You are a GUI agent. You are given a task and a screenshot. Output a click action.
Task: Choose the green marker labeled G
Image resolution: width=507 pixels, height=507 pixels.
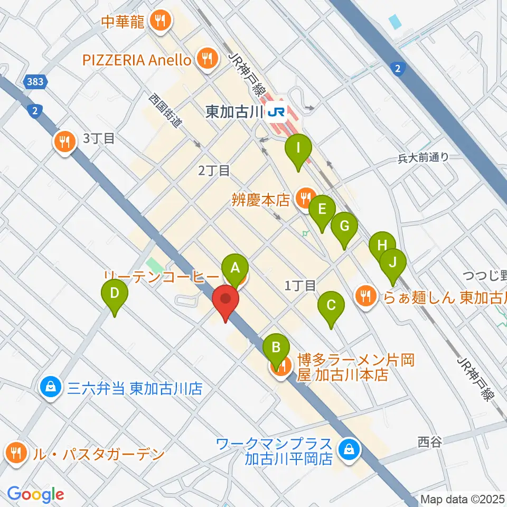click(x=344, y=227)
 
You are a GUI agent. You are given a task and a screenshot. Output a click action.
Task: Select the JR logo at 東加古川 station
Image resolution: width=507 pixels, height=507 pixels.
click(x=276, y=112)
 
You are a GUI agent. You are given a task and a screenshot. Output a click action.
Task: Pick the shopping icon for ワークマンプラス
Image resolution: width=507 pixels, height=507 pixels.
click(x=349, y=450)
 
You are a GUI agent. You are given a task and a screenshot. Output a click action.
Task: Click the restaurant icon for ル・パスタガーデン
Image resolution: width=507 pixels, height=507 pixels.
click(x=17, y=453)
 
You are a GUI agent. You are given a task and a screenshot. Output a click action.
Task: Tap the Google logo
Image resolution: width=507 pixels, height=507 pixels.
click(x=35, y=495)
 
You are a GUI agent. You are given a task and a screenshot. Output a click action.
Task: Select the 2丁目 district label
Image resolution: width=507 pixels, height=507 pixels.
click(x=214, y=170)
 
